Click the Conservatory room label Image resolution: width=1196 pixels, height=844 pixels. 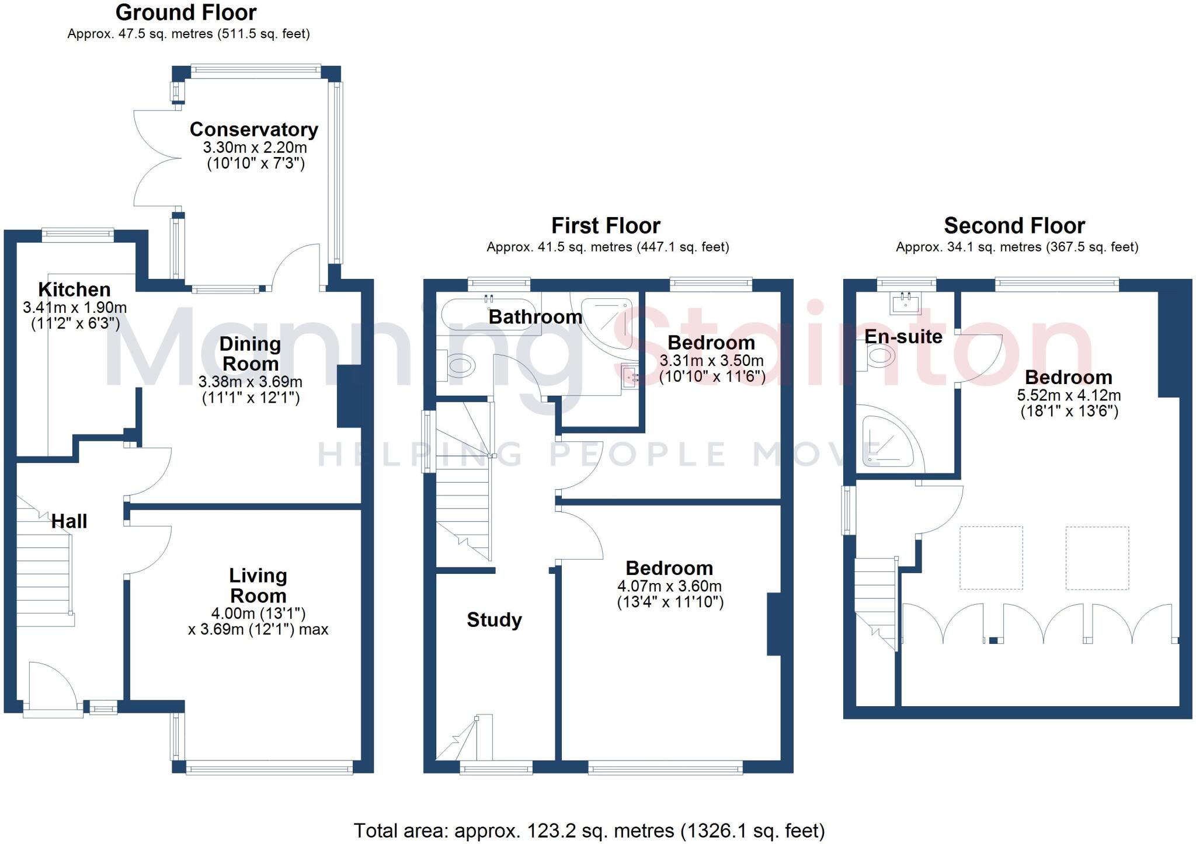pyautogui.click(x=253, y=129)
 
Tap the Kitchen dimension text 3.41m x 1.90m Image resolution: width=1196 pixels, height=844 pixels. pyautogui.click(x=75, y=307)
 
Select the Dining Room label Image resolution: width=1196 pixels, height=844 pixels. pyautogui.click(x=250, y=354)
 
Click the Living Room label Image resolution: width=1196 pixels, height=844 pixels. pyautogui.click(x=258, y=585)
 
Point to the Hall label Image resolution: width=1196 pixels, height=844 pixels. pyautogui.click(x=69, y=521)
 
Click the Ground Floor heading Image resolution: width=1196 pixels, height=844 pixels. pyautogui.click(x=186, y=12)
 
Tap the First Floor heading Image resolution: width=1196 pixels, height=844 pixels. pyautogui.click(x=606, y=225)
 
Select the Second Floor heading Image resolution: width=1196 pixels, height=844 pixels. pyautogui.click(x=1014, y=225)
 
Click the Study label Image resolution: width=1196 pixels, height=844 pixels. pyautogui.click(x=494, y=619)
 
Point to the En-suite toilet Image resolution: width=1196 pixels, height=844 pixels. pyautogui.click(x=879, y=356)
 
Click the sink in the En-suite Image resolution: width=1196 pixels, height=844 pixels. pyautogui.click(x=906, y=302)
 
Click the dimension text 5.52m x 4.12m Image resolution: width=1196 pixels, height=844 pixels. pyautogui.click(x=1069, y=395)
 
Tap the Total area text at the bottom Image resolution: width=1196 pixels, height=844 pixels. pyautogui.click(x=589, y=830)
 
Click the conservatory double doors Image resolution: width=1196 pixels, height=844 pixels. pyautogui.click(x=155, y=158)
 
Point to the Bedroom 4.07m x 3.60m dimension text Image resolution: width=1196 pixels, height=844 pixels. pyautogui.click(x=669, y=586)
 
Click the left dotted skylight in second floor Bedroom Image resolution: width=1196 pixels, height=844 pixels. pyautogui.click(x=991, y=557)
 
